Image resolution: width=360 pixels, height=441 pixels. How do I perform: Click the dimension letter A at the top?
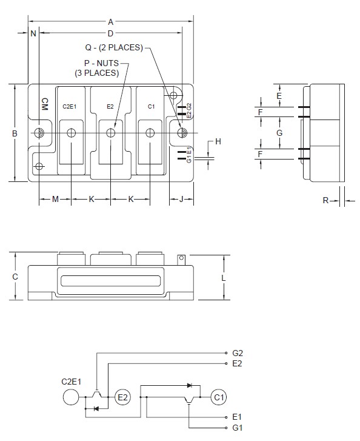[110, 21]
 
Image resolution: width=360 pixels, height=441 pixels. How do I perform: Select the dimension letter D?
[110, 33]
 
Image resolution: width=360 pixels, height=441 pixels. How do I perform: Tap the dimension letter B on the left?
[15, 133]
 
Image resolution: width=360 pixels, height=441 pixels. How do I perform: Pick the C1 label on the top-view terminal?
[152, 107]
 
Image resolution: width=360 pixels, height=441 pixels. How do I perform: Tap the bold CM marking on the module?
[45, 104]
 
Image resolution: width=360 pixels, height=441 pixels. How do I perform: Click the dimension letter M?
[55, 199]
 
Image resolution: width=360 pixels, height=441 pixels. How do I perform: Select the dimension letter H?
[218, 141]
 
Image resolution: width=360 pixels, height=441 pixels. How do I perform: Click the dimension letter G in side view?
[279, 133]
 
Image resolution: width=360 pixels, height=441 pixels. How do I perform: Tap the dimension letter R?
[325, 200]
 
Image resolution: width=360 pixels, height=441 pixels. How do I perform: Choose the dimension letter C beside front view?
[15, 277]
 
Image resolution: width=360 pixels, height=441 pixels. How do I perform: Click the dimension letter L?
[224, 277]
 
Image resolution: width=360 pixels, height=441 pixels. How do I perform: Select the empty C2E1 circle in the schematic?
[72, 397]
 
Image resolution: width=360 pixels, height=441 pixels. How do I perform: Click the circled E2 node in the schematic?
[123, 397]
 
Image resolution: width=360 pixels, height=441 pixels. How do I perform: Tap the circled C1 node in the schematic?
[218, 397]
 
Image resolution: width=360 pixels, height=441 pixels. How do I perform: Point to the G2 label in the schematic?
[238, 352]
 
